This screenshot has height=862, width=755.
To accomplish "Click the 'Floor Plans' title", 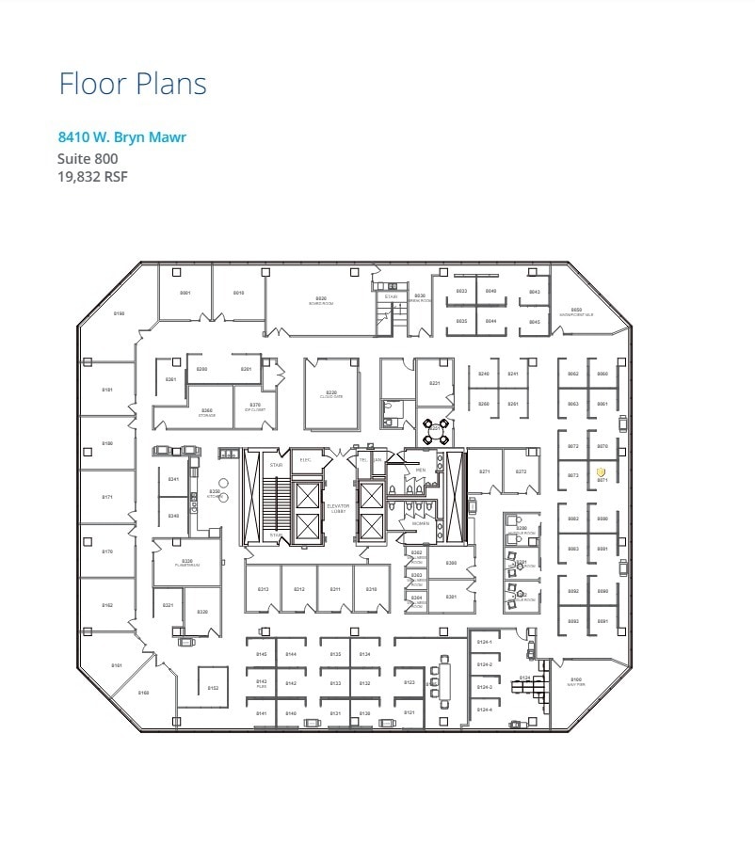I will click(x=133, y=84).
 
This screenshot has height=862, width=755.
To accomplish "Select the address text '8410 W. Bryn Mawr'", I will click(x=121, y=137).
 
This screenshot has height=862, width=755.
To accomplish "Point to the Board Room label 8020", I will click(x=321, y=300).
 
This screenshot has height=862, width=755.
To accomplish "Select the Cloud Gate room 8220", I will click(x=331, y=393).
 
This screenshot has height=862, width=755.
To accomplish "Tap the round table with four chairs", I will click(x=435, y=432).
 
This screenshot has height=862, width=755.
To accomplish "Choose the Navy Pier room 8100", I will click(x=576, y=680).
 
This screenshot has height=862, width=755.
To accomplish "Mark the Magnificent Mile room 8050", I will click(x=576, y=311).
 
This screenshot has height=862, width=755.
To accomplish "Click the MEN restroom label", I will click(x=421, y=470).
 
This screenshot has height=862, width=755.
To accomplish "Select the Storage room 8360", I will click(x=207, y=412).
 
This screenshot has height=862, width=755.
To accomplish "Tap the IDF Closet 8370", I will click(x=255, y=407).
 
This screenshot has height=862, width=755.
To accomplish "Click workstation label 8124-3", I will click(x=484, y=687).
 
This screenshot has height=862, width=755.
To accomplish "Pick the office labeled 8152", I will click(x=213, y=688).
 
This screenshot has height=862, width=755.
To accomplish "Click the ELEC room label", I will click(x=305, y=459).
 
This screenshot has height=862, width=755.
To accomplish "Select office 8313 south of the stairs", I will click(x=264, y=589).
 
